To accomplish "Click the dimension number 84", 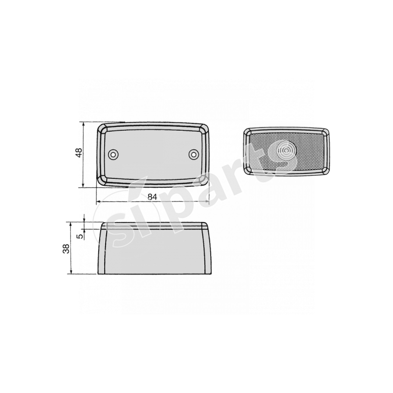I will click(152, 196).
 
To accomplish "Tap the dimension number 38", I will click(66, 249).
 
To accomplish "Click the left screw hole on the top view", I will click(114, 155).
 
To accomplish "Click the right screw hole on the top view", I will click(194, 155).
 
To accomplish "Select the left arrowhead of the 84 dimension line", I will click(99, 201).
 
